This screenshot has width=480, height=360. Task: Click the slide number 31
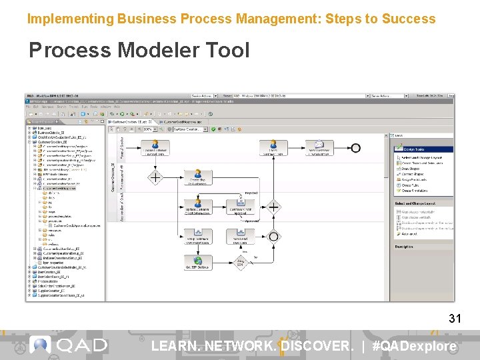tap(455, 319)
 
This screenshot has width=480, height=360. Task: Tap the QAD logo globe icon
tap(40, 345)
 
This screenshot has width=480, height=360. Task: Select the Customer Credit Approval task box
tap(240, 207)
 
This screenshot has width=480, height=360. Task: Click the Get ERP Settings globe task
tap(197, 262)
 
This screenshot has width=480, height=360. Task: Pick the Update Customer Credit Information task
tap(197, 207)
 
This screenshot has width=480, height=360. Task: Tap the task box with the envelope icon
tap(320, 148)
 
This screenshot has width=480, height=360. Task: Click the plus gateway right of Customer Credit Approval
tap(273, 207)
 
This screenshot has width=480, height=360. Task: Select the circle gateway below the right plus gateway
tap(273, 237)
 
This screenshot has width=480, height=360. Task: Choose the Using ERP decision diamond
tap(240, 262)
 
